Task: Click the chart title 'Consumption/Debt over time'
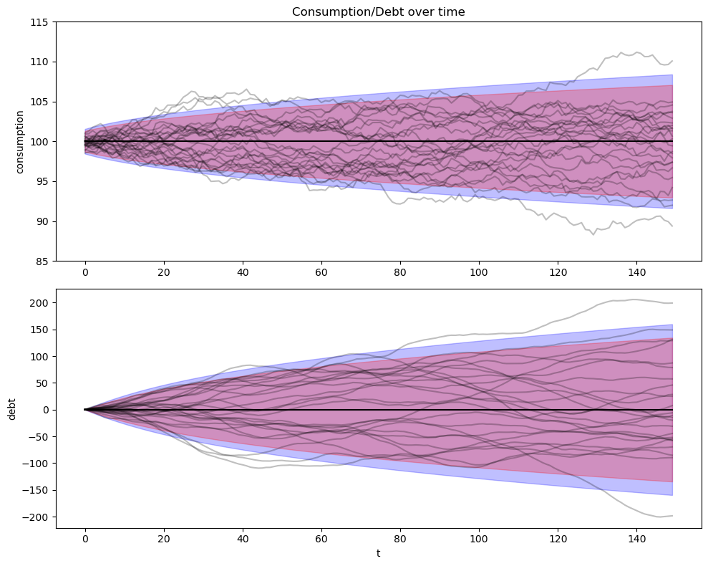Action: [378, 11]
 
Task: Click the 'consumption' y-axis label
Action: [20, 141]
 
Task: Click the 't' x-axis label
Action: [378, 553]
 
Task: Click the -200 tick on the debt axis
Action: [38, 517]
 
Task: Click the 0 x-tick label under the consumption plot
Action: [85, 272]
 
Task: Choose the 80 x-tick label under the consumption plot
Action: [399, 272]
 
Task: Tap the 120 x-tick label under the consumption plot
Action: [557, 272]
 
